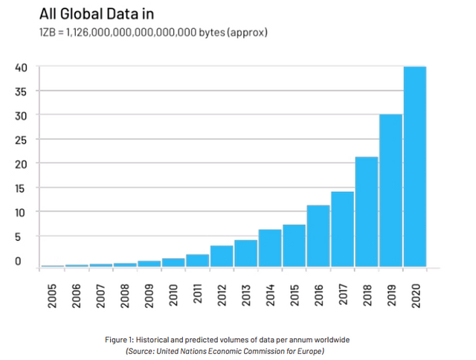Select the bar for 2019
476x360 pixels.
(x=390, y=190)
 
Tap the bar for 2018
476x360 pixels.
(x=367, y=211)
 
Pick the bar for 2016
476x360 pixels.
(x=318, y=235)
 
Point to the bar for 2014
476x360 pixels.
(x=270, y=248)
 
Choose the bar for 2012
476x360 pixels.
(x=222, y=256)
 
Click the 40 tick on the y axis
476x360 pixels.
(x=22, y=67)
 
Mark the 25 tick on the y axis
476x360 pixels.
(x=22, y=139)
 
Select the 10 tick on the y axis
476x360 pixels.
(x=22, y=212)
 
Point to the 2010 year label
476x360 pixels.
(x=173, y=293)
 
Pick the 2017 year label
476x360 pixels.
(x=342, y=293)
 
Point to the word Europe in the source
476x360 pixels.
(x=310, y=350)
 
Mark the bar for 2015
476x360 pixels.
(x=294, y=245)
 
